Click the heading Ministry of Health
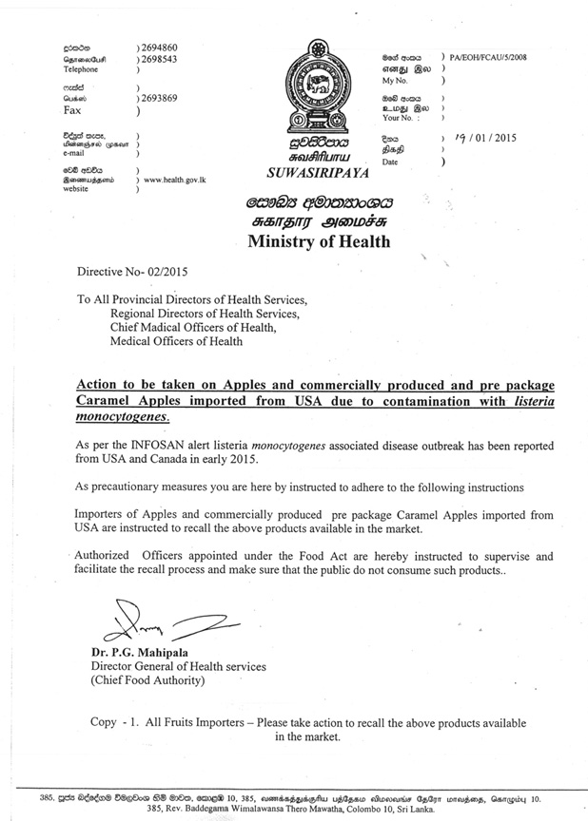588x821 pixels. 318,241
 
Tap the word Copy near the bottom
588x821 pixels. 104,722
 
